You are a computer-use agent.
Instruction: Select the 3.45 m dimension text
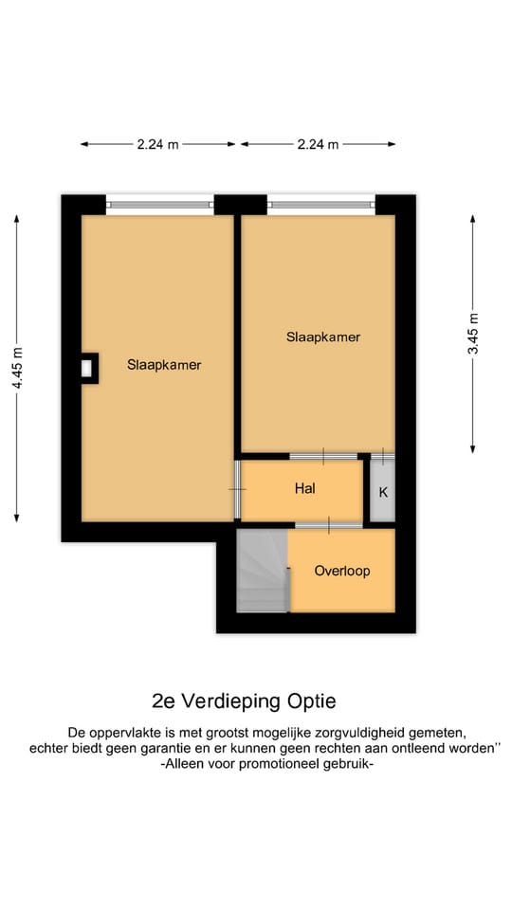pos(473,334)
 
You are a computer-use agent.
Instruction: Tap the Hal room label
pos(304,489)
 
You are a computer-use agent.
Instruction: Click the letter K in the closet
pos(383,492)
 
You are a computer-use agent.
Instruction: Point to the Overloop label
pos(341,572)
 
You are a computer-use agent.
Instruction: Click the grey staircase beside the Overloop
pos(261,571)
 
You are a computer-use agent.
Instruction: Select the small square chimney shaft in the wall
pos(88,367)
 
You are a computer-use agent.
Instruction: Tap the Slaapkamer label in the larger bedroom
pos(163,364)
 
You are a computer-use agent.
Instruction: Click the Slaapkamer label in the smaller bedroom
pos(323,337)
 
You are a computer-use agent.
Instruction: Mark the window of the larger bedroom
pos(158,203)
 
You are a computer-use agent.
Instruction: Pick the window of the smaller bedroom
pos(321,203)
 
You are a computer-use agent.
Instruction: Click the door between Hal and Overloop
pos(328,524)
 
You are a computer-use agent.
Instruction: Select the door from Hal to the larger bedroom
pos(237,489)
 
